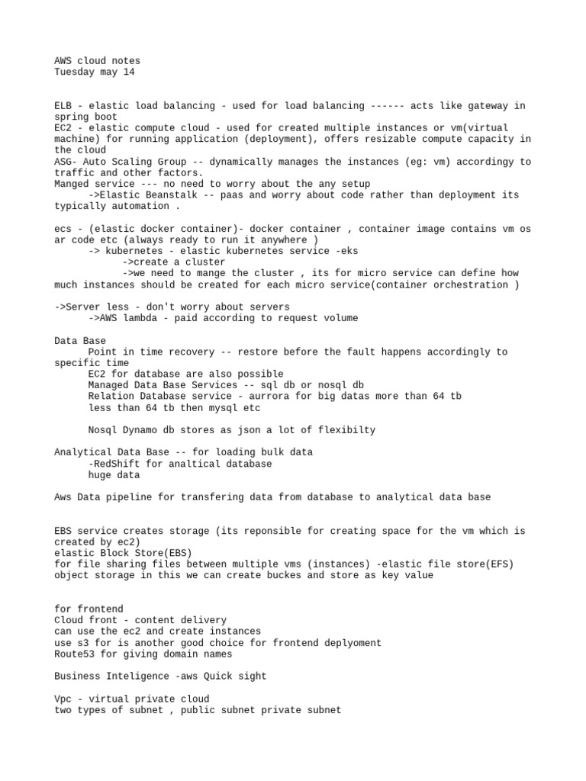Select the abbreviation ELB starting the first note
[63, 106]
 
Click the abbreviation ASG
[63, 162]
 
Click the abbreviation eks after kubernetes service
[349, 251]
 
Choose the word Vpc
[63, 699]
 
